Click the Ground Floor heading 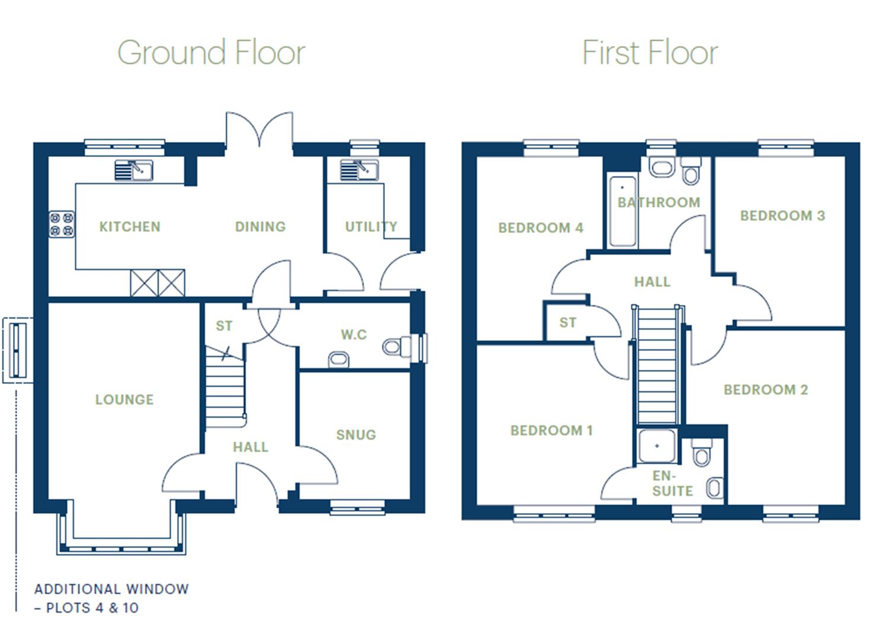coord(211,52)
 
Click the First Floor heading coord(650,52)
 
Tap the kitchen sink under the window coord(133,171)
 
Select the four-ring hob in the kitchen coord(62,224)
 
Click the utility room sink coord(359,171)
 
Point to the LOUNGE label coord(124,399)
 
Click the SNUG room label coord(356,434)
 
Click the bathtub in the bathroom coord(622,211)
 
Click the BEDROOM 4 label coord(541,228)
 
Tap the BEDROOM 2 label coord(766,389)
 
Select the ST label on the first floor coord(567,322)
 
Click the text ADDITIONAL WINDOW coord(111,589)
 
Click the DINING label coord(260,226)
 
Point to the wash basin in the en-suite coord(715,488)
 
